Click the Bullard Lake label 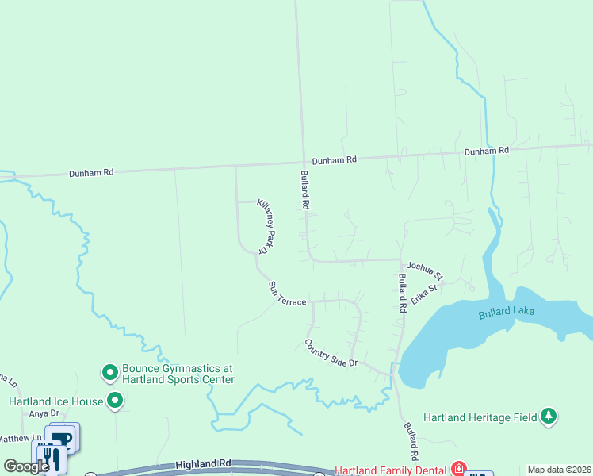tap(506, 313)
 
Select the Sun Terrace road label tap(286, 294)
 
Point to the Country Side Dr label tap(331, 353)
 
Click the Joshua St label tap(424, 271)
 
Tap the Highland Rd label tap(203, 463)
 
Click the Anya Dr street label tap(44, 413)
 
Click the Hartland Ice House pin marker tap(116, 401)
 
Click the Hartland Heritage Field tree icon tap(548, 416)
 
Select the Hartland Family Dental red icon tap(458, 469)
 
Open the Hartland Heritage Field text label tap(480, 416)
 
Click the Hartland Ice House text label tap(55, 401)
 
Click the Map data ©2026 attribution tap(560, 470)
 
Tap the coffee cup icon tap(63, 437)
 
